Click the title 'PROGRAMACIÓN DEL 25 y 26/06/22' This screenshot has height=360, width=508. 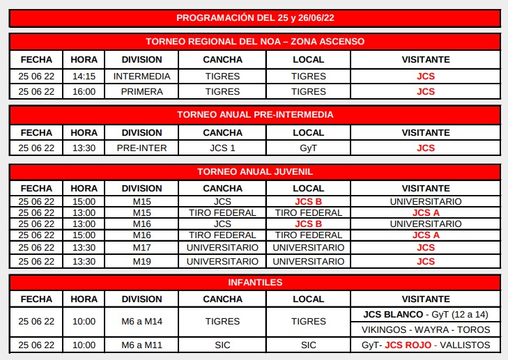tap(254, 17)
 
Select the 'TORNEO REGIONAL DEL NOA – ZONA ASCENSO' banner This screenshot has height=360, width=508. tap(254, 42)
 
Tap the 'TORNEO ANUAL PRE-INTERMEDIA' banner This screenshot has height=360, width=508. tap(254, 114)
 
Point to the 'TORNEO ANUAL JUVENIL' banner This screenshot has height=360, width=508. tap(254, 171)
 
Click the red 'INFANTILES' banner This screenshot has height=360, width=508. tap(254, 282)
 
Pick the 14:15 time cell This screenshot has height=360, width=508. tap(84, 76)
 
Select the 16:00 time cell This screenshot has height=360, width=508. tap(84, 91)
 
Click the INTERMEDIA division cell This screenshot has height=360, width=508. tap(141, 76)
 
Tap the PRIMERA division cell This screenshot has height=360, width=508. tap(141, 91)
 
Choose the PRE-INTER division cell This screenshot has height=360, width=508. tap(141, 148)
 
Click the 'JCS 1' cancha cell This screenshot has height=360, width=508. tap(222, 148)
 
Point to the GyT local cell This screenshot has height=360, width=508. tap(308, 148)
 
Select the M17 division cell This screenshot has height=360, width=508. tap(141, 247)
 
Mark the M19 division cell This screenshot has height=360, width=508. tap(141, 262)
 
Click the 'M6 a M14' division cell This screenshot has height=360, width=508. tap(141, 322)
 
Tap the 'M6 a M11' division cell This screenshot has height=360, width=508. tap(141, 345)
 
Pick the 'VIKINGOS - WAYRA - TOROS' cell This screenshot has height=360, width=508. tap(425, 329)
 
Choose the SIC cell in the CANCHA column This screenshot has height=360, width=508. tap(222, 345)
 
